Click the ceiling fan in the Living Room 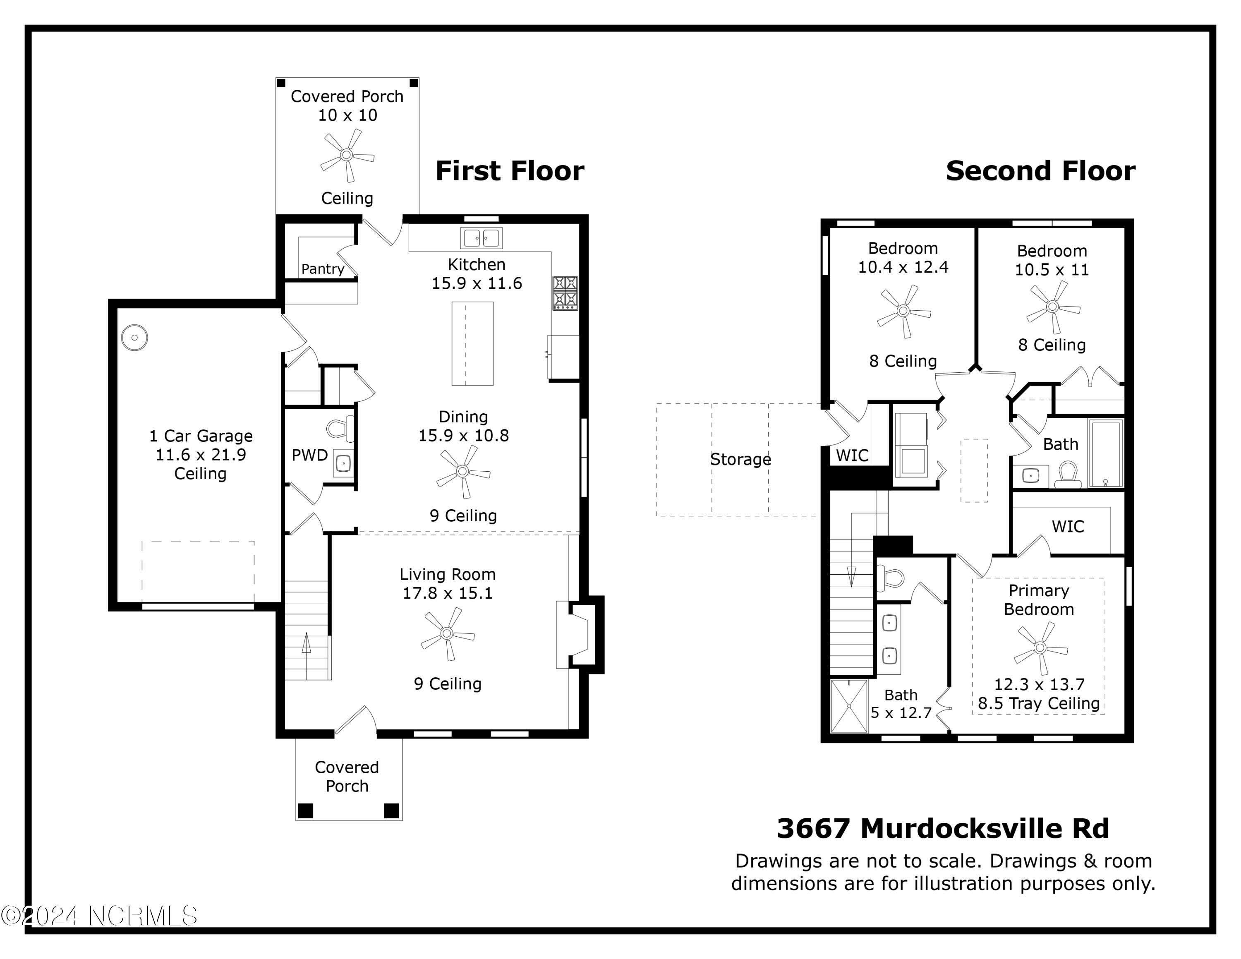447,633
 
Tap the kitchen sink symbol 481,238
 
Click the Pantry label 322,269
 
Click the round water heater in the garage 135,338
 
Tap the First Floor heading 509,171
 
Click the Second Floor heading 1040,171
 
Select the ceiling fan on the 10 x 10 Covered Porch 347,155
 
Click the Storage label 740,459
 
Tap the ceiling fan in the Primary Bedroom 1040,647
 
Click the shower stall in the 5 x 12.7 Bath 849,706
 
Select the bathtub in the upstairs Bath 1105,453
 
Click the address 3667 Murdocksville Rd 943,828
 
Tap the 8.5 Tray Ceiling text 1038,703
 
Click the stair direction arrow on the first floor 306,644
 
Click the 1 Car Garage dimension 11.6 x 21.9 201,455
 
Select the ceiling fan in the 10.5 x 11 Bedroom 1052,307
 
